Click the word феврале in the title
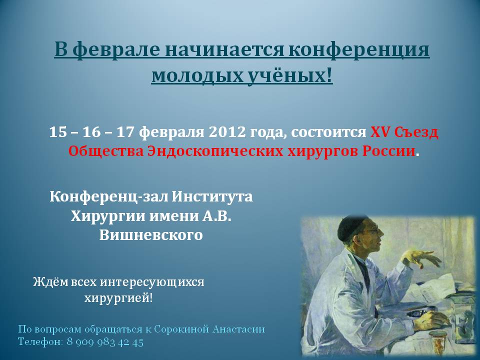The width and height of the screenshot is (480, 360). (116, 50)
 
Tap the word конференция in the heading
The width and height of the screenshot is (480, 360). (359, 50)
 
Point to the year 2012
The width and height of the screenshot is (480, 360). (227, 132)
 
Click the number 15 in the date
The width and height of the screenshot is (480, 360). (57, 132)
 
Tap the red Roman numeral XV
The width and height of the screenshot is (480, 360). (379, 132)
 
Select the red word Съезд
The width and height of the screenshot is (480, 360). (416, 132)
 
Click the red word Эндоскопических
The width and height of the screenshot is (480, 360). (215, 151)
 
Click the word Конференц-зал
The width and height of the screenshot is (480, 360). (108, 196)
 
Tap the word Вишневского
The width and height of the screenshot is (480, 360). (151, 235)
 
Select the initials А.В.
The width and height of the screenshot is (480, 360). (215, 216)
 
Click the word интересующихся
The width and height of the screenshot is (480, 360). (152, 282)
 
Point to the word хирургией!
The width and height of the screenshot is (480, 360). (118, 298)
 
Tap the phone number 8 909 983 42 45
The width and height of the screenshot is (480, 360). (105, 342)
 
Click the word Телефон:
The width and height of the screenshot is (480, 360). (40, 342)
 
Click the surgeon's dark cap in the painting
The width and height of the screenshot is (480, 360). (352, 225)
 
